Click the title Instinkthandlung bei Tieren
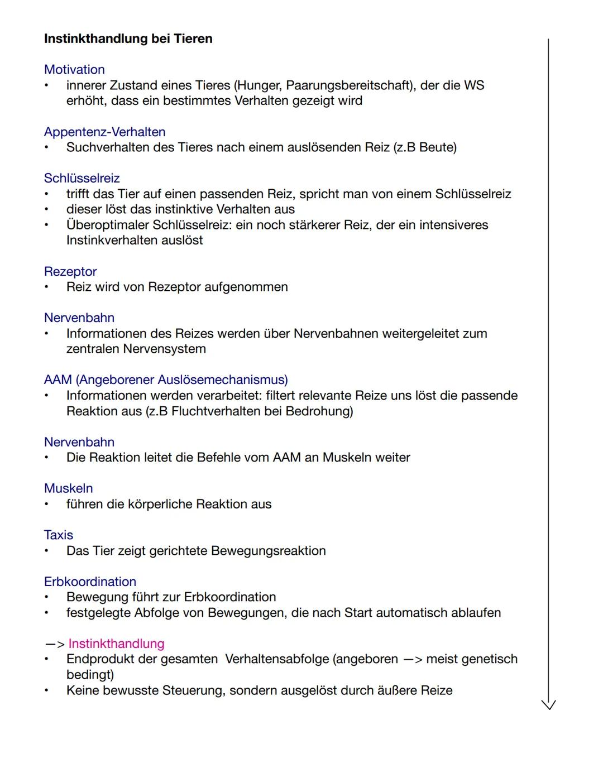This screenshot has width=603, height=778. point(128,39)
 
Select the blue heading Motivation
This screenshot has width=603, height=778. point(74,70)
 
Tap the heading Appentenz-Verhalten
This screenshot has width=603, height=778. point(104,132)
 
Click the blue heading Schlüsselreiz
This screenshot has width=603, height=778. point(82,179)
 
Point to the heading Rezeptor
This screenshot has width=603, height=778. point(70,272)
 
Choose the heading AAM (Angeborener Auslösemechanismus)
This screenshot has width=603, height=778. point(166,380)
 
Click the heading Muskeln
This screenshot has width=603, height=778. point(68,488)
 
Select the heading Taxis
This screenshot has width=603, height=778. point(59,535)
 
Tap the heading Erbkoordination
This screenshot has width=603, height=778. point(90,582)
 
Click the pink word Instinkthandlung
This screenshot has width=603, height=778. point(116,644)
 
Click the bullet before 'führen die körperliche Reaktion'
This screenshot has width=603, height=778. point(47,505)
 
